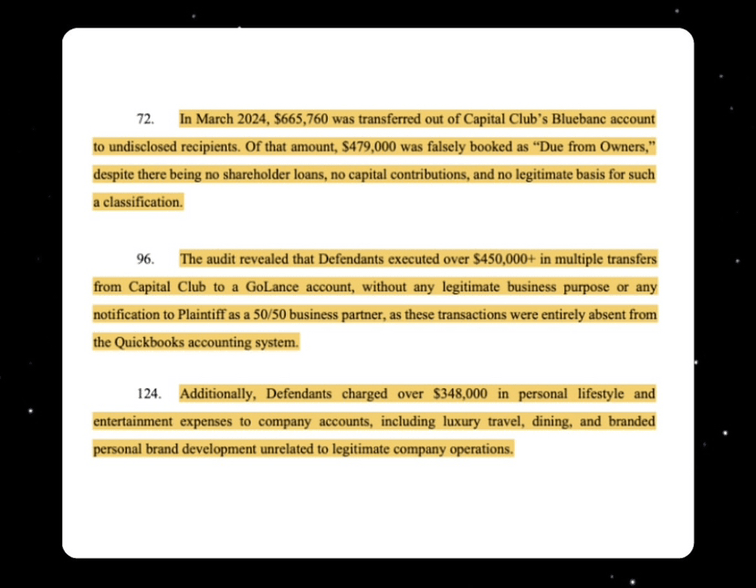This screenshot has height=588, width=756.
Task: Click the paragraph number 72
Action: (x=143, y=120)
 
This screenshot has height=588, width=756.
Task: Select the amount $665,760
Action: (x=301, y=120)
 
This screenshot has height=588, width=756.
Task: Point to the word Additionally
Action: (x=219, y=395)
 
